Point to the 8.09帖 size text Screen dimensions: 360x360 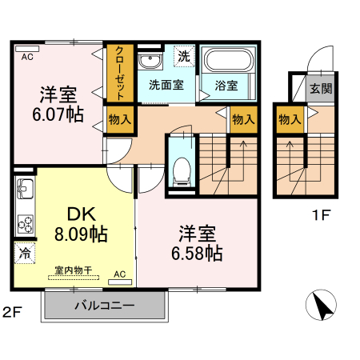[82, 236]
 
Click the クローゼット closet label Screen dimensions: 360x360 [119, 73]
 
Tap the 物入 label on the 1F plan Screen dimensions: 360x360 [289, 120]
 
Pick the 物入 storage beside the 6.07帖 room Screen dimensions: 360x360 [119, 120]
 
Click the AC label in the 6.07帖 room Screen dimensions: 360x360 [27, 56]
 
